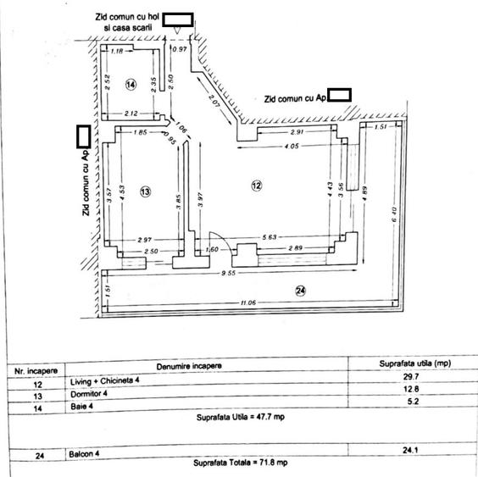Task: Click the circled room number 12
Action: [x=257, y=185]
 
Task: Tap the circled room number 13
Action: [x=145, y=193]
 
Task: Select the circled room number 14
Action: [x=131, y=85]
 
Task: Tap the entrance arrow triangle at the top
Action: [x=176, y=31]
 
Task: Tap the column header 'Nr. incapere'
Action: [x=35, y=370]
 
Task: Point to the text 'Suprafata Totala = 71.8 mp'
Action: [x=240, y=463]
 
